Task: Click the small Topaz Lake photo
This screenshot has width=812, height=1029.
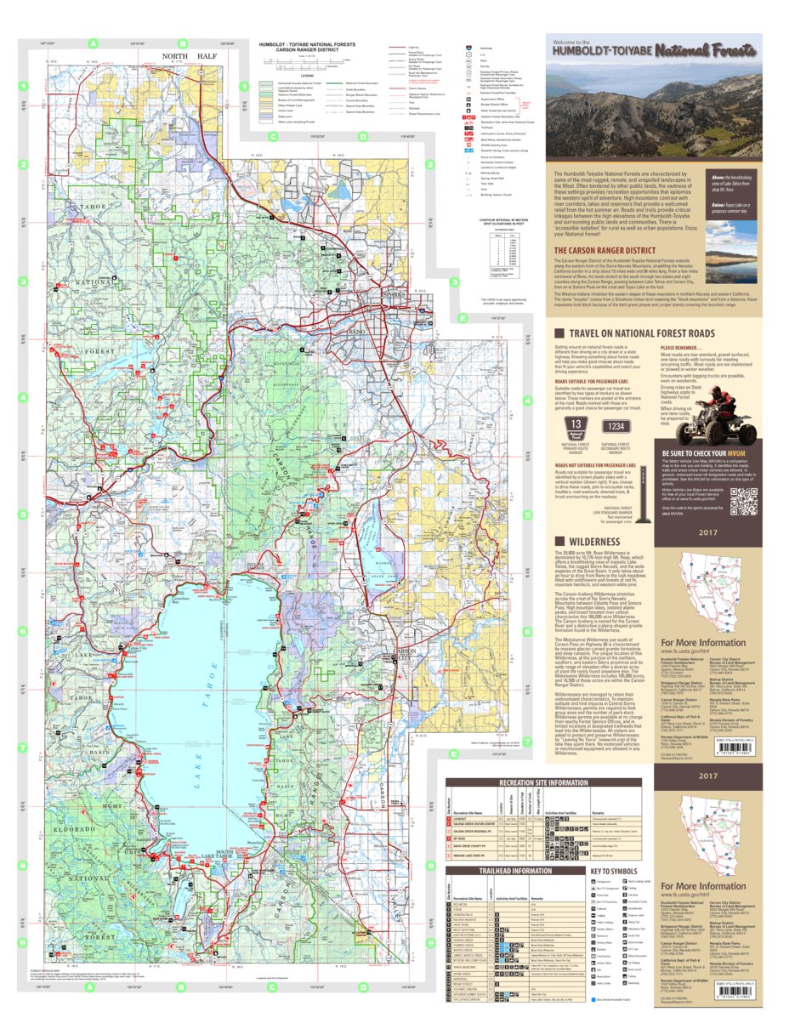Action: tap(730, 253)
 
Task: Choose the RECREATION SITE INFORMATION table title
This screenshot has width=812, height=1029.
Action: tap(544, 783)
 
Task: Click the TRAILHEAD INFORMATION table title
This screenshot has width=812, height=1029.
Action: tap(508, 870)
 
